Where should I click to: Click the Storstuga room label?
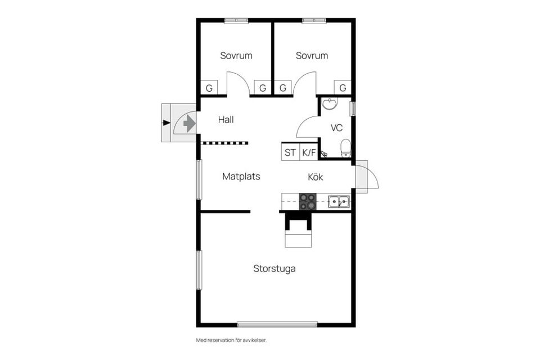274,269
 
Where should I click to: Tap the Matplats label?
241,177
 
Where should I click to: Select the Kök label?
316,177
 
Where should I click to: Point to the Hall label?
226,120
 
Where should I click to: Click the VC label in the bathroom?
336,128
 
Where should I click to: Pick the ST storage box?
290,152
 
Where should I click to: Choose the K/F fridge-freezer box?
309,152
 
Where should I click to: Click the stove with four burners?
308,201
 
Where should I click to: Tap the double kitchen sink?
339,201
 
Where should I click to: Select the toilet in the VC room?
345,148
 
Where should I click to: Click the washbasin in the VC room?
330,103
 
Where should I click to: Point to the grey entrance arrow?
190,123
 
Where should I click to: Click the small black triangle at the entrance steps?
166,123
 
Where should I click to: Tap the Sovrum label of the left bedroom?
236,56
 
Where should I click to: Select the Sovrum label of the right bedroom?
312,56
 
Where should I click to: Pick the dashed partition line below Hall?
224,143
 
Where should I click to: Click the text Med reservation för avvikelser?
231,340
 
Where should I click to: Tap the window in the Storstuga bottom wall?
277,324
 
